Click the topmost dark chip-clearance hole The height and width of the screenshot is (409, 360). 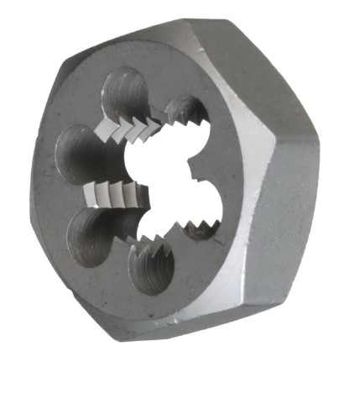pos(125,95)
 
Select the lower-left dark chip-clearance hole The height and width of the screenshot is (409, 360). pos(91,233)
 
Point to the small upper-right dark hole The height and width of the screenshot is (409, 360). pos(186,113)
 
